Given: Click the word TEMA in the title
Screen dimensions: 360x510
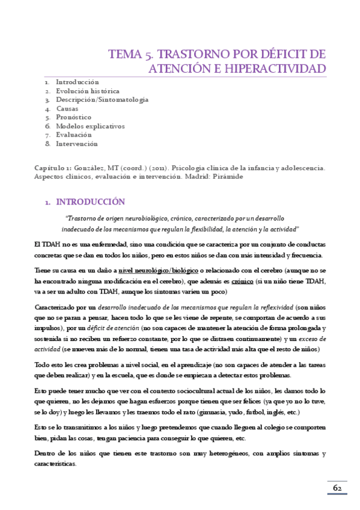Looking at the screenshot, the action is point(124,54).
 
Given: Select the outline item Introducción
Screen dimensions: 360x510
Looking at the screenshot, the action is point(78,81).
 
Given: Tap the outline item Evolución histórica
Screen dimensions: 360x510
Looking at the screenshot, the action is point(88,91).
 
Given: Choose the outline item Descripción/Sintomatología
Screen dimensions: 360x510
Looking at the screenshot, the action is point(102,100).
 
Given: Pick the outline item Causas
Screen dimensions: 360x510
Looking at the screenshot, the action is point(67,109).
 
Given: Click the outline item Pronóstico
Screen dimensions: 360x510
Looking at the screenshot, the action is point(74,117).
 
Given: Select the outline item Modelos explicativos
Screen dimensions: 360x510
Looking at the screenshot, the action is point(90,126).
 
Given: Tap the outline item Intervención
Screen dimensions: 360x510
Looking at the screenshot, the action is point(77,144).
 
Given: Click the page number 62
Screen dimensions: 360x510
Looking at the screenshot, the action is point(338,488).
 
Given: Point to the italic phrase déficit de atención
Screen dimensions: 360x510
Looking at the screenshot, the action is point(112,328).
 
